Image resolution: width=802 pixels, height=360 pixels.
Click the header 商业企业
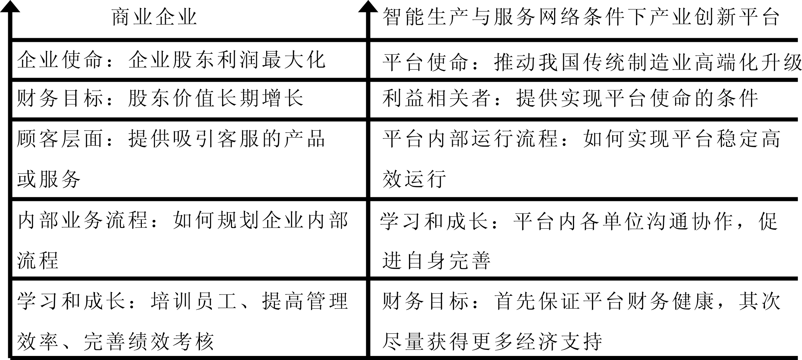154,17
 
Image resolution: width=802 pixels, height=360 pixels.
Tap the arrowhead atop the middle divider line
368,7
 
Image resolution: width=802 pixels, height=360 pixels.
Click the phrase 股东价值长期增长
215,98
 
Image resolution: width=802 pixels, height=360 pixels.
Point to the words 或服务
49,179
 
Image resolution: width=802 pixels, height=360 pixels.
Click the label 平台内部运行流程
470,138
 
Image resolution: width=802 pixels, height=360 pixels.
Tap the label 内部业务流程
82,220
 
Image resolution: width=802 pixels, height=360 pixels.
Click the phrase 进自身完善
436,260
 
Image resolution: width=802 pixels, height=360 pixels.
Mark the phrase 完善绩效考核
149,341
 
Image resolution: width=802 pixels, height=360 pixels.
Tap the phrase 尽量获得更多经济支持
492,341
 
